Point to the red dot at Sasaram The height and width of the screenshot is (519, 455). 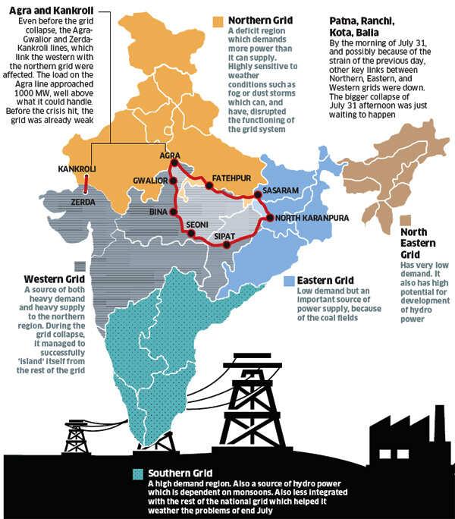click(x=259, y=195)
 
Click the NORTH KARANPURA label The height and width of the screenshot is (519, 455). click(x=311, y=218)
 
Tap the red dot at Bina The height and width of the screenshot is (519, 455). click(x=174, y=212)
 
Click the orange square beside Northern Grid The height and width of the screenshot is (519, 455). click(x=218, y=20)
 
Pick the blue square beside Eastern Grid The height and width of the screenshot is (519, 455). click(x=287, y=281)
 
